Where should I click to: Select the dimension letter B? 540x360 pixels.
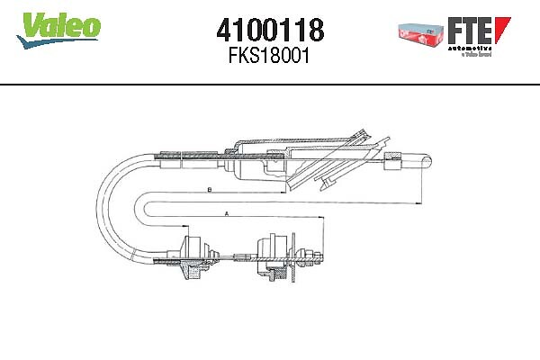point(208,190)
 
